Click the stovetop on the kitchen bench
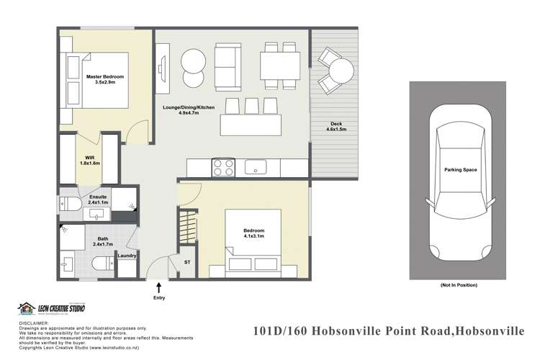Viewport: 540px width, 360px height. coord(222,167)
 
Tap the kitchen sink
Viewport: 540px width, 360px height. coord(255,167)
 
